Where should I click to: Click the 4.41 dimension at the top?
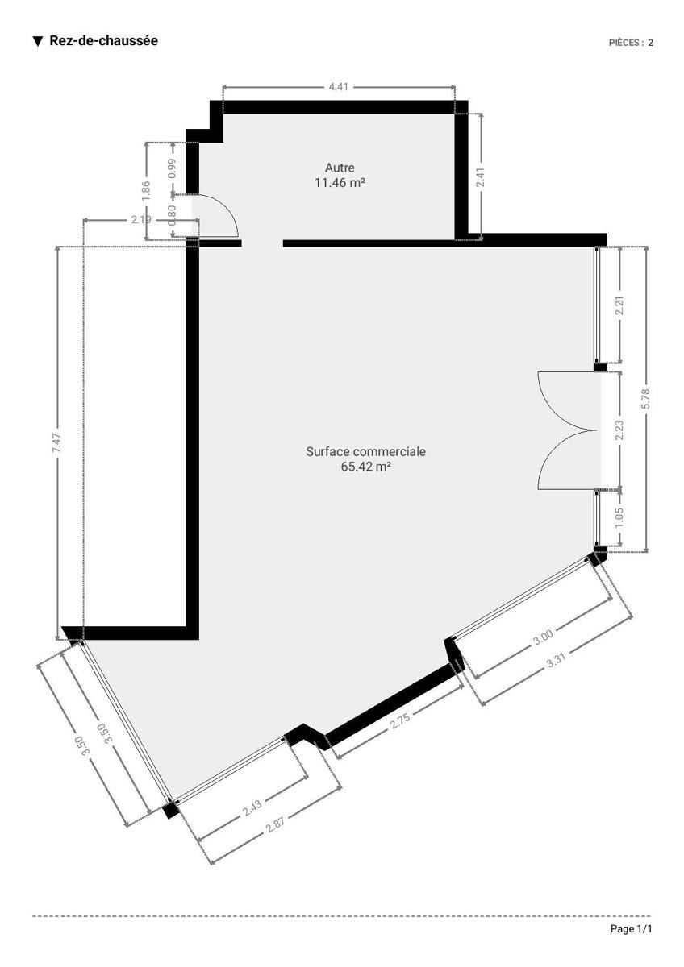pyautogui.click(x=338, y=87)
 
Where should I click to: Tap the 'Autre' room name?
pyautogui.click(x=340, y=168)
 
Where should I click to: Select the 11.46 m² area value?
pyautogui.click(x=340, y=183)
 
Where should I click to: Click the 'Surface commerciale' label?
pyautogui.click(x=365, y=451)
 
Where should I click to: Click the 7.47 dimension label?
pyautogui.click(x=57, y=442)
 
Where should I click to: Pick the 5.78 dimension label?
pyautogui.click(x=645, y=398)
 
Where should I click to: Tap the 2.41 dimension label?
pyautogui.click(x=480, y=177)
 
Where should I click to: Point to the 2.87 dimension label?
pyautogui.click(x=275, y=824)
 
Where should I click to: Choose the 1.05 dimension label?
pyautogui.click(x=619, y=517)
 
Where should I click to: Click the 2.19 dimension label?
pyautogui.click(x=141, y=220)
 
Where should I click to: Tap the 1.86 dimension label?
pyautogui.click(x=146, y=190)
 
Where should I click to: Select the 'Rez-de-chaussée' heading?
pyautogui.click(x=104, y=40)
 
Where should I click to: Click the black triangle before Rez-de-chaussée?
pyautogui.click(x=38, y=41)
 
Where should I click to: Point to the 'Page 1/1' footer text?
pyautogui.click(x=631, y=928)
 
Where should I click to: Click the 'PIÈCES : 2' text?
pyautogui.click(x=631, y=43)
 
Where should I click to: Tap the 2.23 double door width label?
pyautogui.click(x=619, y=430)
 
